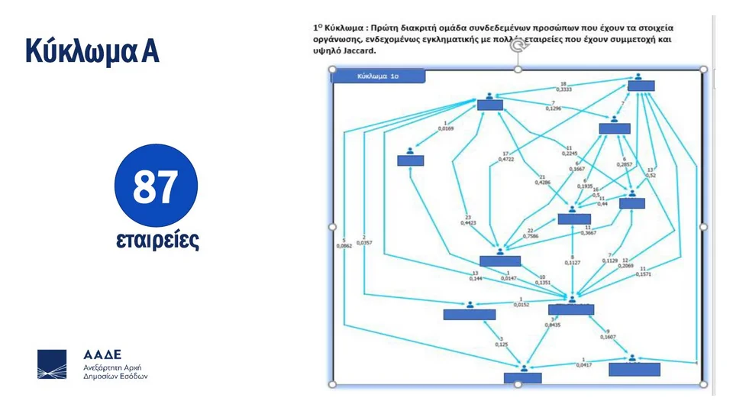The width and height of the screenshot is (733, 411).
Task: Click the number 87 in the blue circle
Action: pyautogui.click(x=156, y=187)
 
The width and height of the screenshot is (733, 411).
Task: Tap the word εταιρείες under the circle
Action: pyautogui.click(x=157, y=240)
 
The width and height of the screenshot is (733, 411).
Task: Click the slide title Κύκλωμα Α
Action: pyautogui.click(x=92, y=50)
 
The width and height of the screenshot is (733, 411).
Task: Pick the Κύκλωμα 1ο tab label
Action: pyautogui.click(x=379, y=76)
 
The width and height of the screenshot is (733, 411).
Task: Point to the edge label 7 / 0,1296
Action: pyautogui.click(x=553, y=106)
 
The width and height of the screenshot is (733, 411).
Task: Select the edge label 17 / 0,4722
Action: pyautogui.click(x=505, y=156)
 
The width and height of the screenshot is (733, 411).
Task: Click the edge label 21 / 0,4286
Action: pyautogui.click(x=543, y=180)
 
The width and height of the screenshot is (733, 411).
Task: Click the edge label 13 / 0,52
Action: pyautogui.click(x=650, y=172)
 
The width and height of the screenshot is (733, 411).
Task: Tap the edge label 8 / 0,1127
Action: pyautogui.click(x=573, y=260)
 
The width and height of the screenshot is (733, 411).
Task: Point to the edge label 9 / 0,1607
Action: pyautogui.click(x=608, y=333)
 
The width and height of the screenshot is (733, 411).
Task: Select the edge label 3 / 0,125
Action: pyautogui.click(x=501, y=341)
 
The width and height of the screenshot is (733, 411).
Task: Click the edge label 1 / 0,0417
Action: pyautogui.click(x=583, y=362)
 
